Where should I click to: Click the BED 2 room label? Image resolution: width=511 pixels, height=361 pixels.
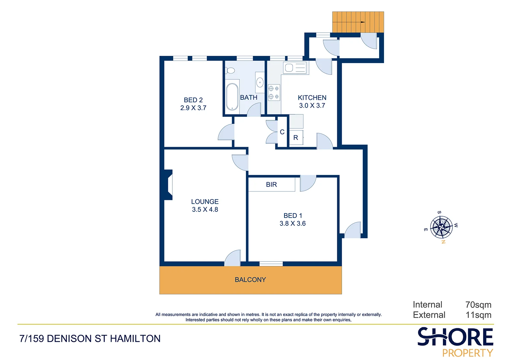point(193,100)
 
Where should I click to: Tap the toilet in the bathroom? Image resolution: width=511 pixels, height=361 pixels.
point(230,70)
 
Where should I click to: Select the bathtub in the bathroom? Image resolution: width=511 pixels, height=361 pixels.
point(232,97)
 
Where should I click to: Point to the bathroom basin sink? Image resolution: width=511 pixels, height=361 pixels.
point(260,82)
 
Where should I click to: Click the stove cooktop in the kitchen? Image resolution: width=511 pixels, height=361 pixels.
point(274,92)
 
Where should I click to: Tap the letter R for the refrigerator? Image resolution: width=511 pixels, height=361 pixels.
point(296,138)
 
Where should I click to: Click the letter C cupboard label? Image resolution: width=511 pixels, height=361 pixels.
point(282,132)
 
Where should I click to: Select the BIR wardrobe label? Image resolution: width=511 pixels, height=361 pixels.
point(272,185)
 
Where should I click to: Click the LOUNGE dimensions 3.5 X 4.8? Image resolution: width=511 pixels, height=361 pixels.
point(205,210)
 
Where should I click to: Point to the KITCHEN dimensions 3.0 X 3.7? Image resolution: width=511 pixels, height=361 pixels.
point(312,106)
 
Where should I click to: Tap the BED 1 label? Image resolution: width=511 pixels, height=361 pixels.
point(293,216)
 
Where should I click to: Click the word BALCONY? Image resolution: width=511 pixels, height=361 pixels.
point(250,280)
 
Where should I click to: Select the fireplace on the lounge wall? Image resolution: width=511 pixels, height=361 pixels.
point(168,185)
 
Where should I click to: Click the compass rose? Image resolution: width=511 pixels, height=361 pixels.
point(441,227)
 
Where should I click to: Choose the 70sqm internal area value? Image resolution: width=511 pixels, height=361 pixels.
point(478,305)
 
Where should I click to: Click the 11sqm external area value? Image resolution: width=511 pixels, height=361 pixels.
point(478,315)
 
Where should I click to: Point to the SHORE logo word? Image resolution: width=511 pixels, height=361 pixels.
point(455,337)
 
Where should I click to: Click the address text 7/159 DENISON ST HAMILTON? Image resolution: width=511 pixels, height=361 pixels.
point(90,339)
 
